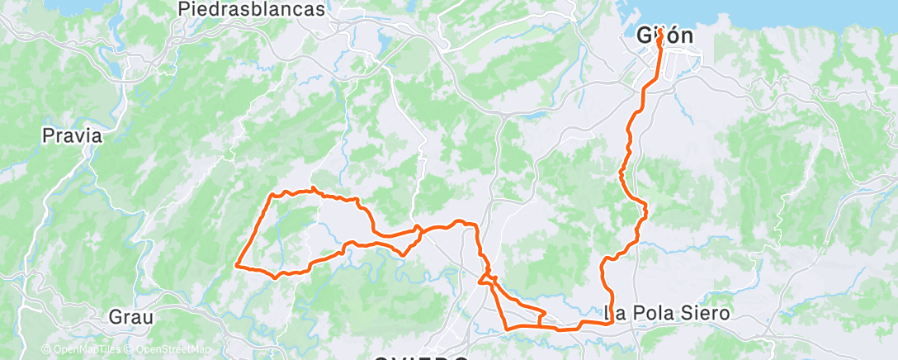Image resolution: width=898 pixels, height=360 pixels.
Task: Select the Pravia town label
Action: pyautogui.click(x=73, y=135)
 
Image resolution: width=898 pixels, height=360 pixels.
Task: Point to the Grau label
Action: pyautogui.click(x=132, y=315)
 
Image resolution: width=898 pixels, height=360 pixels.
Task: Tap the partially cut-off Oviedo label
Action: pyautogui.click(x=421, y=357)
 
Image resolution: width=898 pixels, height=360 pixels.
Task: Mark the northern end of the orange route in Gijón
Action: pyautogui.click(x=661, y=40)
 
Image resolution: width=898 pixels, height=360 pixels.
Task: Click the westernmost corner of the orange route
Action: pyautogui.click(x=237, y=265)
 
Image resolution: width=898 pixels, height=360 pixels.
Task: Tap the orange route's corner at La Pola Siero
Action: pyautogui.click(x=611, y=322)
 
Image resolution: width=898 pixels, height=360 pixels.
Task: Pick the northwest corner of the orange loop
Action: pyautogui.click(x=272, y=195)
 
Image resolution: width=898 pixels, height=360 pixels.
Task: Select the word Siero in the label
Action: pyautogui.click(x=707, y=314)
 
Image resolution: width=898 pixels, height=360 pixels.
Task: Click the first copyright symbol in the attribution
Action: pyautogui.click(x=45, y=349)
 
